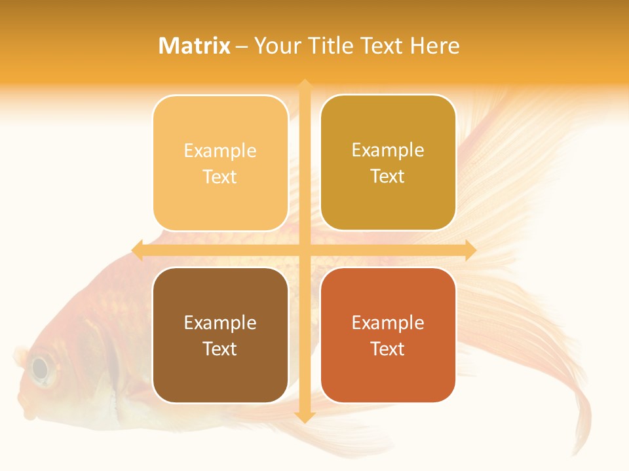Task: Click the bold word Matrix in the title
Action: pyautogui.click(x=195, y=46)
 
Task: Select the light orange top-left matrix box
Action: pyautogui.click(x=220, y=163)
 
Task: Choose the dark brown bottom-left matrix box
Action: pyautogui.click(x=220, y=335)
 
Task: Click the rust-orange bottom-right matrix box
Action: pyautogui.click(x=388, y=335)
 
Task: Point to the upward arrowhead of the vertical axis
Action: pyautogui.click(x=304, y=84)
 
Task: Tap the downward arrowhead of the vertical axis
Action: pyautogui.click(x=304, y=417)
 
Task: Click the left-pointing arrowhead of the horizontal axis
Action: pyautogui.click(x=137, y=250)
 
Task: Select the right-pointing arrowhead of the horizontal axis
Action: pyautogui.click(x=470, y=250)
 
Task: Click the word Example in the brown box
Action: pyautogui.click(x=220, y=323)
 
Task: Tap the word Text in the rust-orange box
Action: pyautogui.click(x=388, y=349)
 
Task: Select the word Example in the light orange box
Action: pyautogui.click(x=220, y=150)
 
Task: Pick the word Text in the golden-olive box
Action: pyautogui.click(x=388, y=176)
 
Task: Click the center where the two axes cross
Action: pyautogui.click(x=304, y=250)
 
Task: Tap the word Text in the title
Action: pyautogui.click(x=383, y=46)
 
